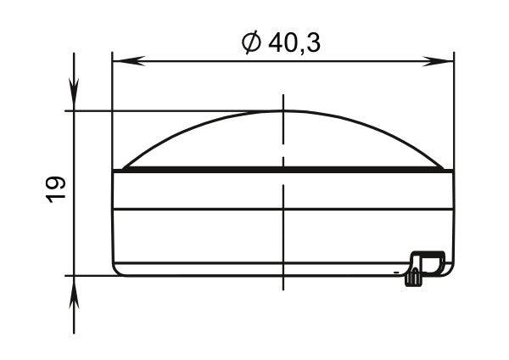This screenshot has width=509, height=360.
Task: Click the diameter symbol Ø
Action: point(251,43)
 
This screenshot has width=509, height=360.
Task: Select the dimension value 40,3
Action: point(294,43)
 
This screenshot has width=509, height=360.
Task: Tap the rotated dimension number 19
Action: point(55,189)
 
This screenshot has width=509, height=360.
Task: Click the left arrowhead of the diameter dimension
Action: point(129,61)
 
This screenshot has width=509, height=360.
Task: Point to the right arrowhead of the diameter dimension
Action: point(437,61)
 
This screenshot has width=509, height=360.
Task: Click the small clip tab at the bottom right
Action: point(425,267)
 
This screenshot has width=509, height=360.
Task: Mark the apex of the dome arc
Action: point(283,110)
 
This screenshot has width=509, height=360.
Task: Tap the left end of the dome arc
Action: point(123,168)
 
